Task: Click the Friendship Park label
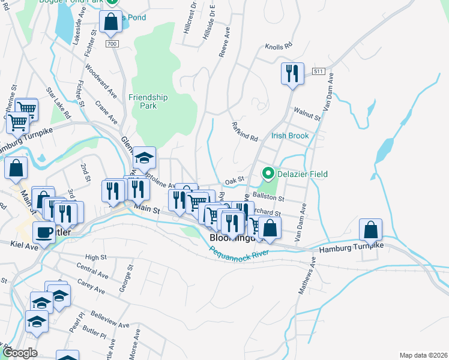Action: pyautogui.click(x=148, y=101)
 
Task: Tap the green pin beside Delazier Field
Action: pyautogui.click(x=267, y=175)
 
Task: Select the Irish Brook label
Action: pyautogui.click(x=290, y=136)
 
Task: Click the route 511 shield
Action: pyautogui.click(x=318, y=71)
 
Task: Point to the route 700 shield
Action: pyautogui.click(x=112, y=44)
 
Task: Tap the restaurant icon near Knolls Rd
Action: pyautogui.click(x=292, y=74)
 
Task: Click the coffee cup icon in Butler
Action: pyautogui.click(x=44, y=232)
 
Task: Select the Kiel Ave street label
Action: pyautogui.click(x=24, y=244)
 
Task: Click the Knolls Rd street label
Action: pyautogui.click(x=278, y=46)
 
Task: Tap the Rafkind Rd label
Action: pyautogui.click(x=244, y=131)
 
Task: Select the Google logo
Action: pyautogui.click(x=20, y=353)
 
